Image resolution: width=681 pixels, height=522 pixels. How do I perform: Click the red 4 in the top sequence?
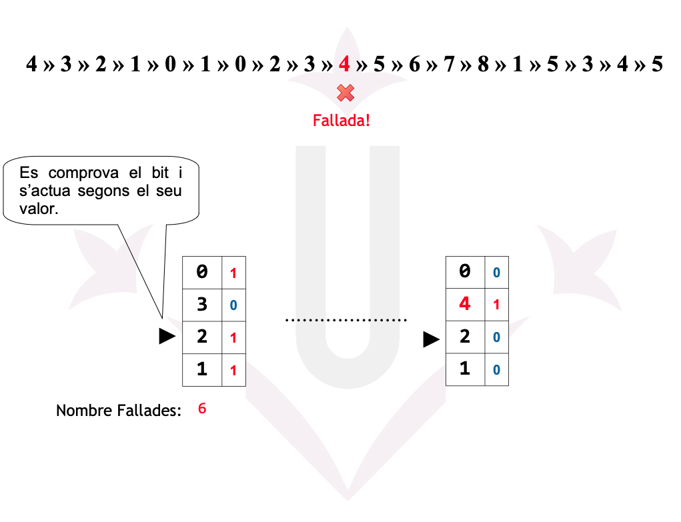click(344, 65)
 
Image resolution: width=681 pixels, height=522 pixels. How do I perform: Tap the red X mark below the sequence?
click(345, 93)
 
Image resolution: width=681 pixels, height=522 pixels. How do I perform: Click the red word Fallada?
click(341, 121)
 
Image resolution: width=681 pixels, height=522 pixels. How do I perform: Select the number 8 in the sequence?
click(483, 65)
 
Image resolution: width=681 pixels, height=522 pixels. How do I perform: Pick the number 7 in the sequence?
click(448, 65)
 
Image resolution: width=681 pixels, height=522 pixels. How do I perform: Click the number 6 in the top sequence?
click(414, 65)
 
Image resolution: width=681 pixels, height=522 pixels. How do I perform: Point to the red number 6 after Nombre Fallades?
click(202, 409)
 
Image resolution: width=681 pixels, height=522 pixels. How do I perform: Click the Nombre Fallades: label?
click(119, 411)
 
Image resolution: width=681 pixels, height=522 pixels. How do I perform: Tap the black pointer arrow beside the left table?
click(167, 337)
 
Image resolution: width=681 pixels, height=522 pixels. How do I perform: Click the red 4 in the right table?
click(465, 304)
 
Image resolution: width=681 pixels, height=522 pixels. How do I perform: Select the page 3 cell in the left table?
click(202, 305)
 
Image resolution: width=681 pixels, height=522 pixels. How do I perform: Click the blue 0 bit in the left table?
click(233, 306)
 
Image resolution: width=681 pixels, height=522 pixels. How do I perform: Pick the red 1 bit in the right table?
click(496, 305)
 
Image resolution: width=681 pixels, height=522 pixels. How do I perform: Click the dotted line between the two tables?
click(346, 321)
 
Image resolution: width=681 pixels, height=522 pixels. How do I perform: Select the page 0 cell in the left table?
click(202, 272)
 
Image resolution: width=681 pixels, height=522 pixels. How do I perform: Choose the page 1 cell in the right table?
click(465, 369)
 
